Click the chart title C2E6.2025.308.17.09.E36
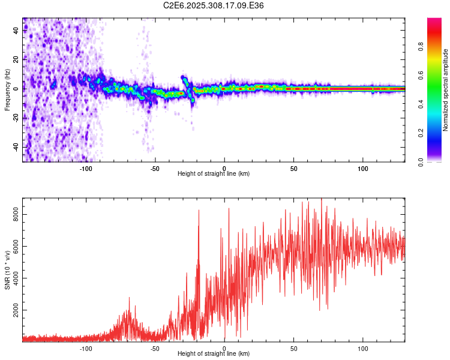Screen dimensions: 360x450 [x=214, y=5]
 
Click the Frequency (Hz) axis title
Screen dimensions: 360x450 [x=7, y=90]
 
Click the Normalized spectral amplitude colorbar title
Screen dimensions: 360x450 [x=446, y=90]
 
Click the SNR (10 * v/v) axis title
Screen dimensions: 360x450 [x=7, y=270]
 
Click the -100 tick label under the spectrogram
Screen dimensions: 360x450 [x=86, y=169]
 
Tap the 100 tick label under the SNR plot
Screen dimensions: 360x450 [x=362, y=349]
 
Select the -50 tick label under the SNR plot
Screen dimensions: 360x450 [x=155, y=349]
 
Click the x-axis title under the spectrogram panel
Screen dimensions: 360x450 [x=214, y=174]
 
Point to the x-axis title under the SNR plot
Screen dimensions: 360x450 [x=214, y=354]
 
